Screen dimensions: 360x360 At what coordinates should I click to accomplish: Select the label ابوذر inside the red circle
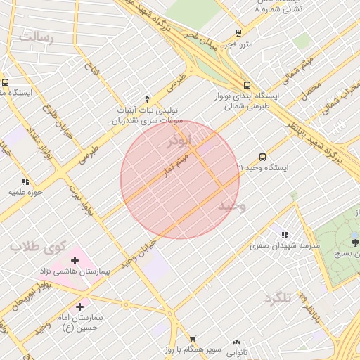point(179,141)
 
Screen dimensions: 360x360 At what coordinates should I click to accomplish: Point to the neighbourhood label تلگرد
point(277,298)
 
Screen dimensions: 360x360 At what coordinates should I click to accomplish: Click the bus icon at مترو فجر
point(239,33)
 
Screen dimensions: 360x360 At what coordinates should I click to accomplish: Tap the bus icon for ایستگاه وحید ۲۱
point(262,157)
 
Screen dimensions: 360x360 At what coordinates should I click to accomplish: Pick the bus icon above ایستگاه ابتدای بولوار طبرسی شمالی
point(245,83)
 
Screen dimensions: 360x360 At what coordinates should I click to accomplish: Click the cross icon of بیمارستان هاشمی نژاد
point(75,261)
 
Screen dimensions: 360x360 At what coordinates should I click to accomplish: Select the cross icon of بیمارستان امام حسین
point(79,307)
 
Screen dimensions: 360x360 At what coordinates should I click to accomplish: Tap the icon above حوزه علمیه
point(26,181)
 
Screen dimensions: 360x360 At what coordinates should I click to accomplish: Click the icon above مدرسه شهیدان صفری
point(285,235)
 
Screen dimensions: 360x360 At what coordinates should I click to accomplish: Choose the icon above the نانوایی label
point(236,341)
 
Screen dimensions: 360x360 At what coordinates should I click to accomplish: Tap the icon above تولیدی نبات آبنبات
point(147,99)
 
